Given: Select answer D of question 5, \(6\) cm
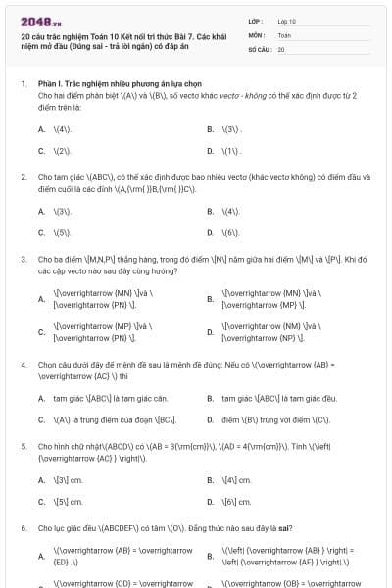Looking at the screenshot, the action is pos(237,502).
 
